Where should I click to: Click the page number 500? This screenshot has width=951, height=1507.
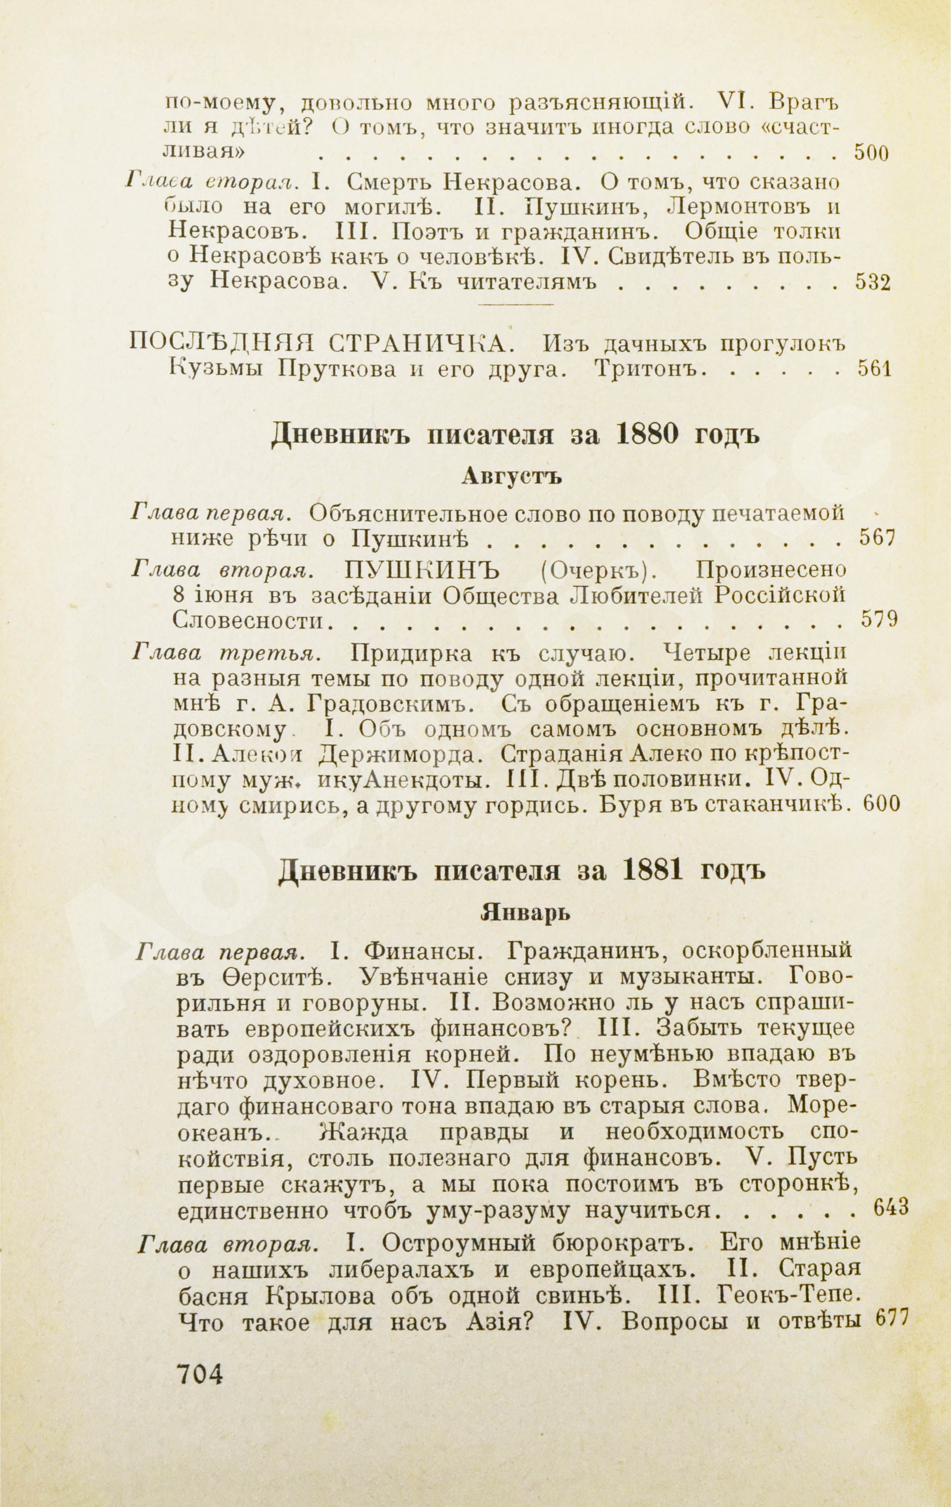point(872,154)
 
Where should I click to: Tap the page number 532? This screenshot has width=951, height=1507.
point(872,283)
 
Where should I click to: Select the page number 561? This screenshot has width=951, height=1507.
point(873,369)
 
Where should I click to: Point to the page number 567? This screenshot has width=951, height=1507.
point(879,538)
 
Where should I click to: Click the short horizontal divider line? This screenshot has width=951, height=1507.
point(516,305)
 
